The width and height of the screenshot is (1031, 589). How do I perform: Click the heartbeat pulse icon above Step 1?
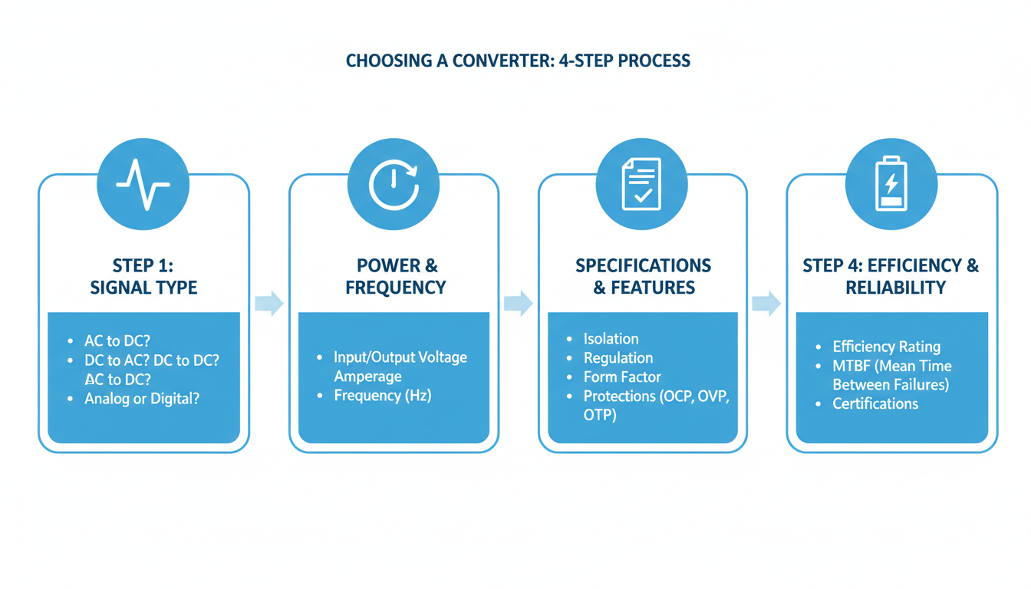[x=143, y=184]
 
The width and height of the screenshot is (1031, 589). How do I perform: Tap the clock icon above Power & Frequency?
[x=393, y=184]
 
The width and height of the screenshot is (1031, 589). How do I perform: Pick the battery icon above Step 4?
[x=891, y=184]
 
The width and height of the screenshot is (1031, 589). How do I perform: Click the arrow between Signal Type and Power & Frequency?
[x=268, y=303]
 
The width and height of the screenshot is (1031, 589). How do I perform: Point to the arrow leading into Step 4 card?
[x=766, y=303]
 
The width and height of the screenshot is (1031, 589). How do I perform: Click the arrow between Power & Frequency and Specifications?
[x=518, y=303]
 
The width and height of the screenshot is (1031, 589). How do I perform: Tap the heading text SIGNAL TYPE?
[x=143, y=288]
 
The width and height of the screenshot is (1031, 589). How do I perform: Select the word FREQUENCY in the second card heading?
[x=395, y=288]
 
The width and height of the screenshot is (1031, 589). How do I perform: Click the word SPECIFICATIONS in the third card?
[x=643, y=266]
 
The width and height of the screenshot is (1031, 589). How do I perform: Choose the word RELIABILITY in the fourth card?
[x=895, y=288]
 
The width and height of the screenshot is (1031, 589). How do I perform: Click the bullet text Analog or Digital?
[x=142, y=399]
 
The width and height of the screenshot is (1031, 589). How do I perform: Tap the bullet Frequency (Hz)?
[x=383, y=396]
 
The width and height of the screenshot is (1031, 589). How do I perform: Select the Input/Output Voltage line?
[x=400, y=357]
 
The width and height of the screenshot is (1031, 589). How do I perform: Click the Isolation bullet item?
[x=611, y=339]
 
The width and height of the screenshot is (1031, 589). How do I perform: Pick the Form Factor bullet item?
[x=622, y=377]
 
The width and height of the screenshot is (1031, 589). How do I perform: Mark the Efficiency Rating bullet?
[x=886, y=347]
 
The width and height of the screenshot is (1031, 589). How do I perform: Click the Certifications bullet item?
[x=875, y=403]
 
